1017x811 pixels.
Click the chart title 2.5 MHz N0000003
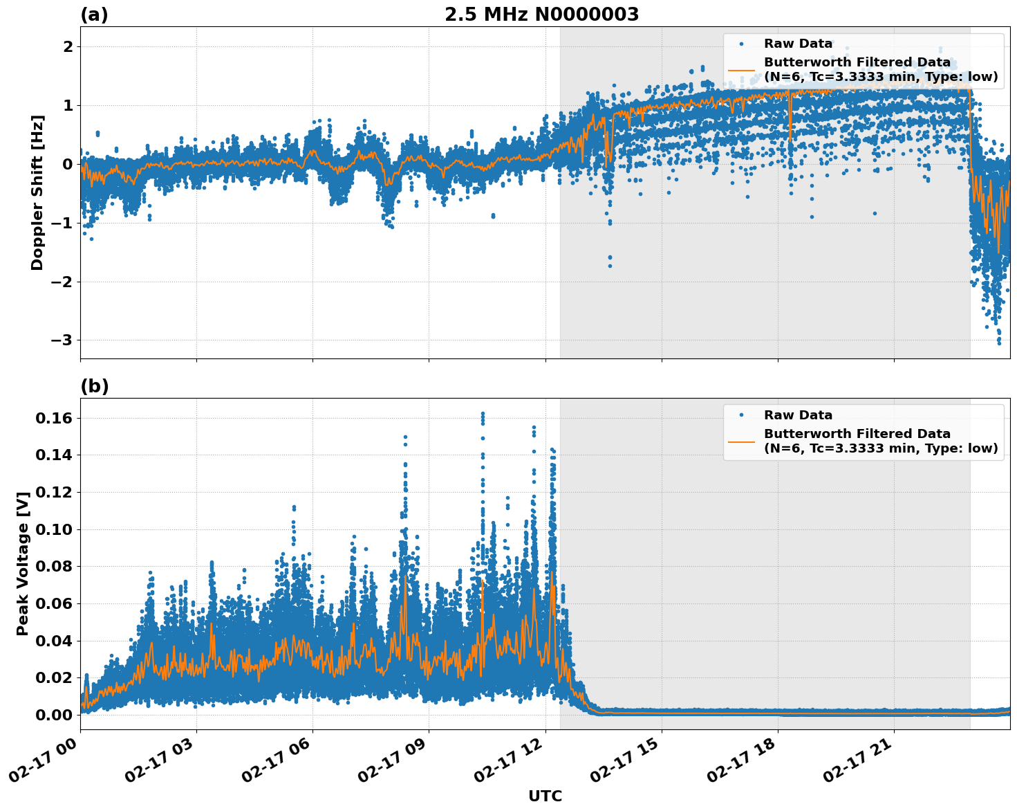541,14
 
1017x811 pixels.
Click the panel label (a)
94,15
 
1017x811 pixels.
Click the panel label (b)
94,386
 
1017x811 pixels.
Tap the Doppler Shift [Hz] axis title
37,192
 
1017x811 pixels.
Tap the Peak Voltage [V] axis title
23,563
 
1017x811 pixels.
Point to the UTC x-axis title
545,796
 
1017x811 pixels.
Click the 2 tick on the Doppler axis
68,46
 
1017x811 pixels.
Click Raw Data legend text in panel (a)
798,44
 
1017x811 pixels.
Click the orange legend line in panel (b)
741,441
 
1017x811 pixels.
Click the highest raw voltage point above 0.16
483,414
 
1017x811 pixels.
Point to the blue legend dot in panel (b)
741,415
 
